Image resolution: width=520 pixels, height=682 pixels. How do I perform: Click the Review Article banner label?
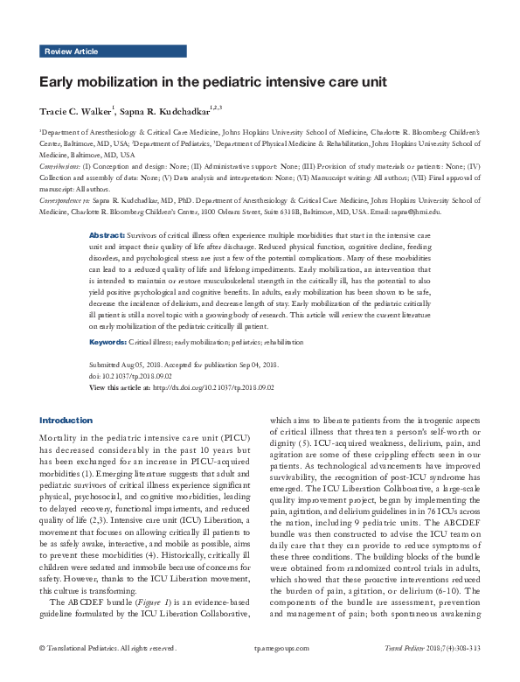coord(70,52)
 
